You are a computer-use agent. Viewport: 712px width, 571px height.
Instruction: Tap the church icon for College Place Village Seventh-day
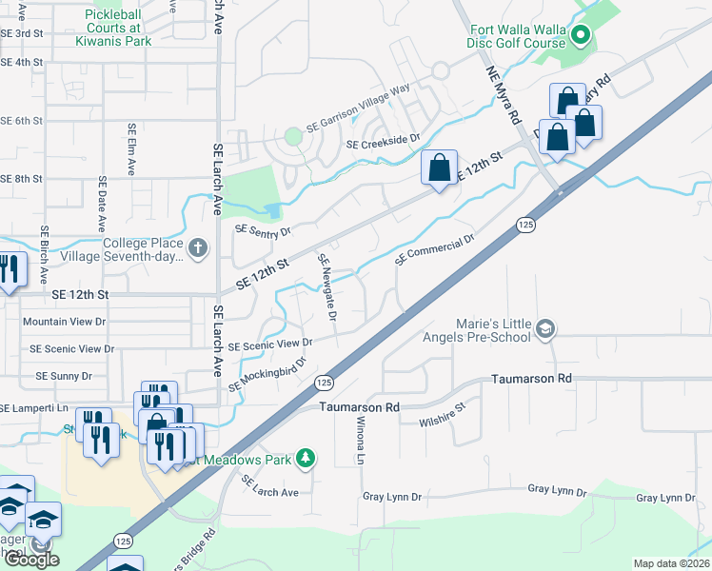[x=197, y=249]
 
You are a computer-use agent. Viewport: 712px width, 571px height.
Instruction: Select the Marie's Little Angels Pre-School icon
[x=545, y=329]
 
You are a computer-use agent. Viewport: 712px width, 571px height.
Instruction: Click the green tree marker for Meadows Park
[x=306, y=459]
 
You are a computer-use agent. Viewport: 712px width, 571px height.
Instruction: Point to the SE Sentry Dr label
[x=262, y=230]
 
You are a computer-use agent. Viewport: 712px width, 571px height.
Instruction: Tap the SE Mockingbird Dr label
[x=268, y=374]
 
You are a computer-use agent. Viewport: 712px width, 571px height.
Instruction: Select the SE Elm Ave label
[x=130, y=149]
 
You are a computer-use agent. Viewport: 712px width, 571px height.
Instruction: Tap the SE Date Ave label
[x=101, y=204]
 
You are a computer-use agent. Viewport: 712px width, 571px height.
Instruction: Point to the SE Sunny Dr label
[x=64, y=376]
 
